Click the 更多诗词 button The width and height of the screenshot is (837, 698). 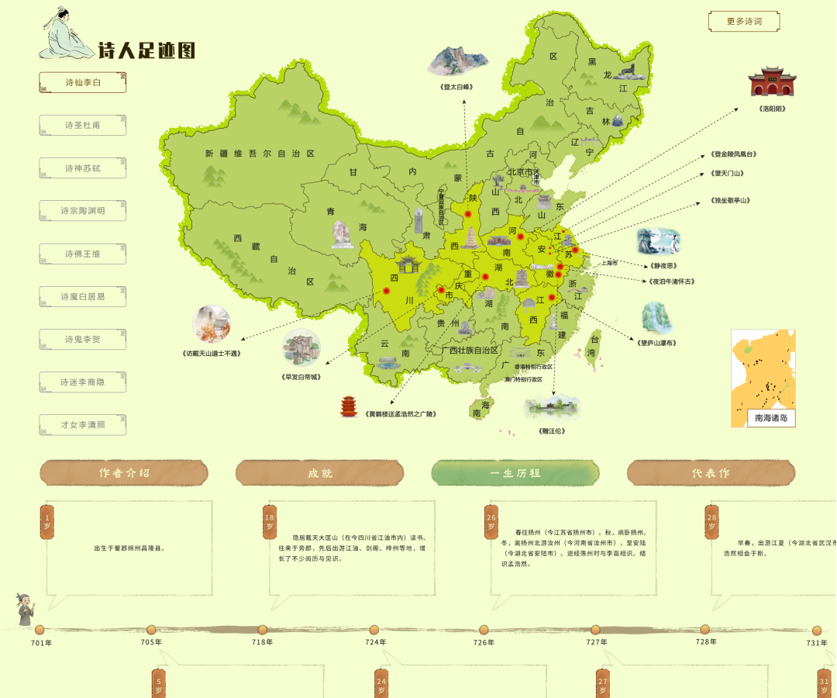(744, 22)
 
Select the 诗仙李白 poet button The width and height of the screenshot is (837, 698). (83, 82)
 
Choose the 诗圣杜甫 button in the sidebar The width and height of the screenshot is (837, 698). (83, 125)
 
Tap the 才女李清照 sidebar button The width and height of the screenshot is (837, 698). (83, 425)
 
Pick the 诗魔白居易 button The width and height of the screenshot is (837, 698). (83, 296)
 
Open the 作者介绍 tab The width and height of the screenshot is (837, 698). (124, 473)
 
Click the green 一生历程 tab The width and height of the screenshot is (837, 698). (515, 473)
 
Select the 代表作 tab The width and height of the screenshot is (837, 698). (711, 473)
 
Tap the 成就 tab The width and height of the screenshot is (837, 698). (319, 473)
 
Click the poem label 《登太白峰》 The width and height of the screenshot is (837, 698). (456, 87)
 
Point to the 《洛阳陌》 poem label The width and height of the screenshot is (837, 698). (773, 109)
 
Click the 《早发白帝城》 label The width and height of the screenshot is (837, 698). (301, 377)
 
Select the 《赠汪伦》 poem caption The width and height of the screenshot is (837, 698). (552, 430)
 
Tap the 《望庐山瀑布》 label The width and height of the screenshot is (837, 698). (657, 343)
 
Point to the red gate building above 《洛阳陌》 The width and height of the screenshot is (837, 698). (772, 81)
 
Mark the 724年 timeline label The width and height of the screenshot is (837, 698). (377, 642)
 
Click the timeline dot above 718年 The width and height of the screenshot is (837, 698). (263, 630)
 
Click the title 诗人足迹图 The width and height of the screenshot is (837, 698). (146, 51)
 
